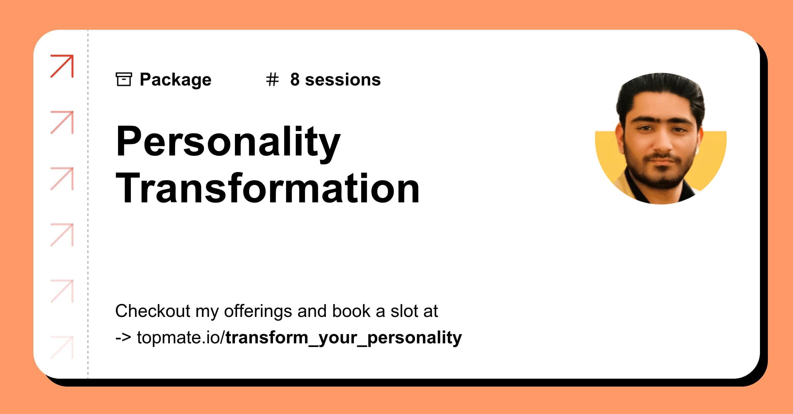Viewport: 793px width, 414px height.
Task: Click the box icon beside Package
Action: click(x=124, y=79)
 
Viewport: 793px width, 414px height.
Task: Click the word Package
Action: click(x=175, y=80)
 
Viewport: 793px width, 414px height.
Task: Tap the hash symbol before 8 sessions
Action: click(x=272, y=80)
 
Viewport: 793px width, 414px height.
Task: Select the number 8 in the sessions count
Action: click(x=295, y=80)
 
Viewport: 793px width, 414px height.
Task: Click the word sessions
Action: click(x=343, y=80)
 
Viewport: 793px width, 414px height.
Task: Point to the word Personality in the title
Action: click(x=228, y=142)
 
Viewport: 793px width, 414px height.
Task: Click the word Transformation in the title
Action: click(x=268, y=188)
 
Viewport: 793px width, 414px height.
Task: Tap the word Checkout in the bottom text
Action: click(x=153, y=311)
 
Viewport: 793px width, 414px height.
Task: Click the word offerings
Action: click(x=258, y=311)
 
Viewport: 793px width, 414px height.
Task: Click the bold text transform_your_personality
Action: click(x=344, y=338)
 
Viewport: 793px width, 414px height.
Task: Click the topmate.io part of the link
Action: click(x=180, y=338)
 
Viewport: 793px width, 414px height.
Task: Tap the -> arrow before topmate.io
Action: click(x=123, y=338)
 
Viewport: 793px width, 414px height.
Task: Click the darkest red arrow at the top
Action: click(x=62, y=66)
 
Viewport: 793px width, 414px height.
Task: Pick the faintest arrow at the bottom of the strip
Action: click(x=62, y=347)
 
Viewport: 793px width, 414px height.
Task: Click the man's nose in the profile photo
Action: click(x=662, y=142)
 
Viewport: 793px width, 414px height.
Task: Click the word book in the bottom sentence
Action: click(x=351, y=311)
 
